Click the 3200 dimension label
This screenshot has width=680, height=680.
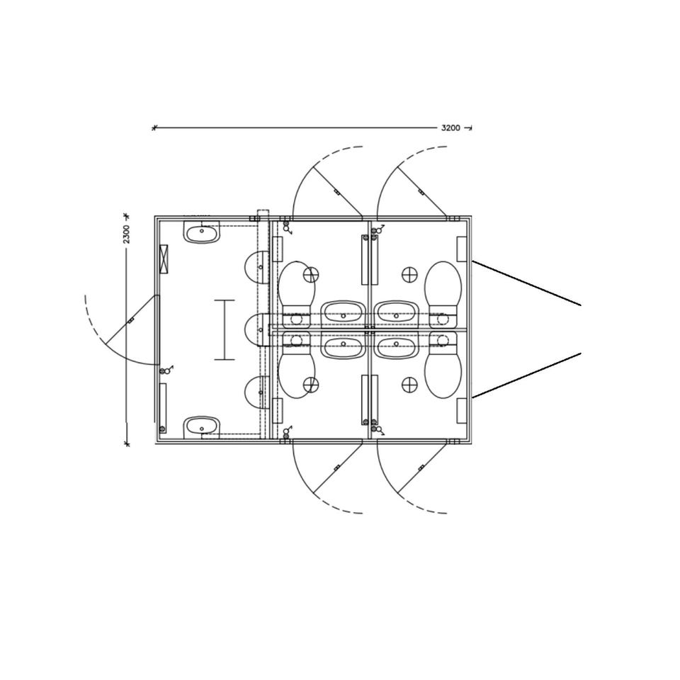(450, 128)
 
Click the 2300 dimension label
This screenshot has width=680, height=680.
(126, 234)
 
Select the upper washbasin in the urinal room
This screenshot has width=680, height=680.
(202, 232)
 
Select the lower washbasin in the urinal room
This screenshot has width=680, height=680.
(202, 427)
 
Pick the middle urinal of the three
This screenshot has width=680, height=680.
(256, 330)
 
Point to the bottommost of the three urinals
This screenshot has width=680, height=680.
(256, 392)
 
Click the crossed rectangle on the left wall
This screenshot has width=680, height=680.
(164, 259)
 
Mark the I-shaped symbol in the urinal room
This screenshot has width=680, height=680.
(225, 329)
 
